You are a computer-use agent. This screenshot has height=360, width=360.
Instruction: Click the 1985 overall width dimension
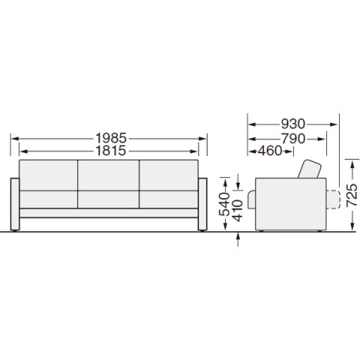111,138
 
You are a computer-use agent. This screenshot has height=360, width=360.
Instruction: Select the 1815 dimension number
111,151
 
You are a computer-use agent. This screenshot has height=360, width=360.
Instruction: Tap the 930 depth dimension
293,124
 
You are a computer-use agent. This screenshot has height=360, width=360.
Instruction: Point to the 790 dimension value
293,139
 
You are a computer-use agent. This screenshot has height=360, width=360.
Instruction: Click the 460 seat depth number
270,151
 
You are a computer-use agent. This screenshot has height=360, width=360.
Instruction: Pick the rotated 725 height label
352,195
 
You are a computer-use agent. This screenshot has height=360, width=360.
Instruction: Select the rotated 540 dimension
224,204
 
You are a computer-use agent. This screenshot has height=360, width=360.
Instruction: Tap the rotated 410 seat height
238,211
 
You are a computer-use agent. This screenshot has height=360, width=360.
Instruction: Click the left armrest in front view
15,204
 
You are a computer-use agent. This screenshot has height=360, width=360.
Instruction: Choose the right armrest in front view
202,204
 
